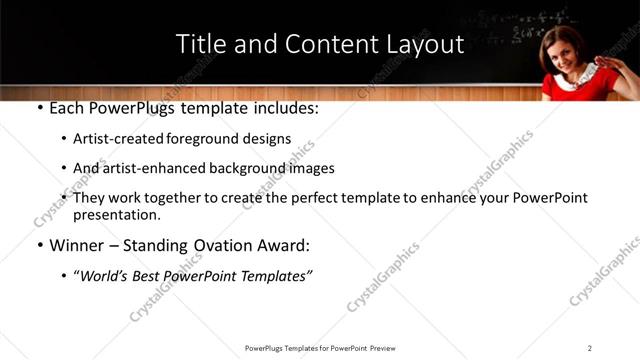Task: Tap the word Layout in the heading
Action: (424, 44)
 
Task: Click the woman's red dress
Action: (577, 88)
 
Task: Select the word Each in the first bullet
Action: (67, 108)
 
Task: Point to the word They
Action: (91, 198)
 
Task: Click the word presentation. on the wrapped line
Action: (117, 215)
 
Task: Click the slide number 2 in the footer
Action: (589, 348)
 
